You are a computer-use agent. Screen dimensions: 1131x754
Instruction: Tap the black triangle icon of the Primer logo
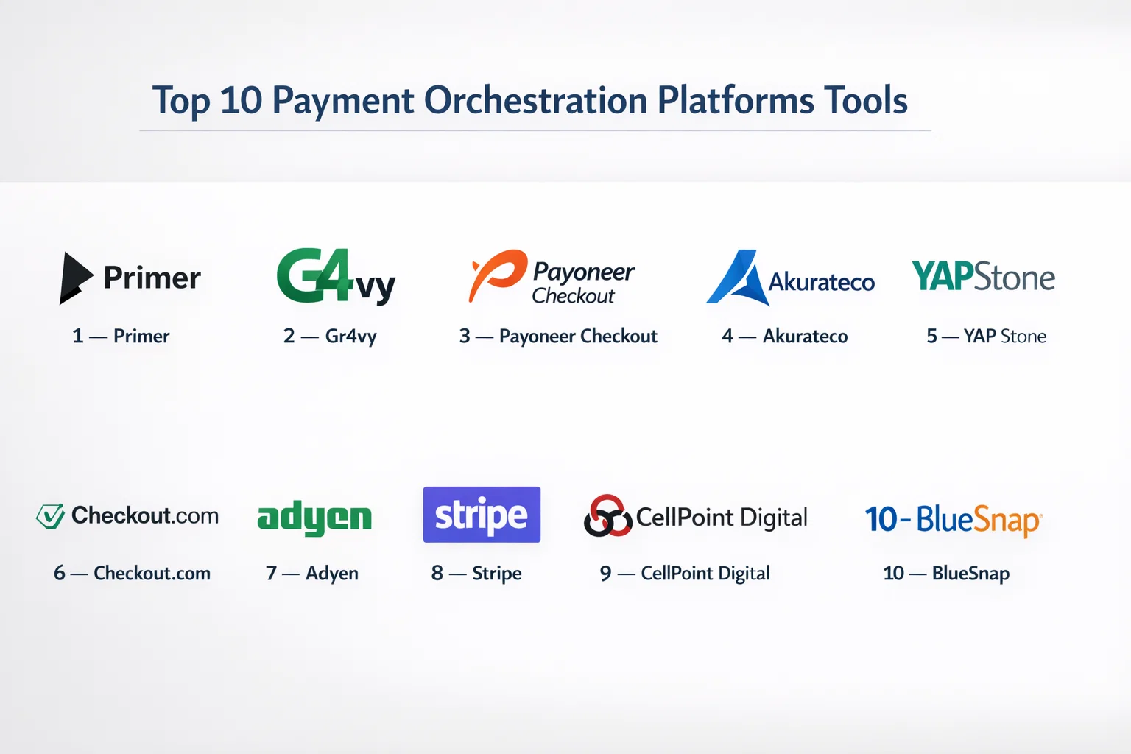coord(74,278)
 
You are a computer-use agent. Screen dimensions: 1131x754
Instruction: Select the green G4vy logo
coord(336,277)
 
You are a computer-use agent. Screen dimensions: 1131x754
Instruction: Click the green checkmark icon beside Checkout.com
coord(51,516)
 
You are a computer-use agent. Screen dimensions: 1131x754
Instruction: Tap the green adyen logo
coord(314,518)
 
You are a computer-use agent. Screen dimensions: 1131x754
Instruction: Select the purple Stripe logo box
coord(482,515)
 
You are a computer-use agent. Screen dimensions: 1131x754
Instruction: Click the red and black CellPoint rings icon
coord(608,515)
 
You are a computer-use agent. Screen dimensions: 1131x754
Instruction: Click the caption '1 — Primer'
coord(121,336)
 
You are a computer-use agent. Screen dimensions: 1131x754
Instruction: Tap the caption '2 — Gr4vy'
coord(330,337)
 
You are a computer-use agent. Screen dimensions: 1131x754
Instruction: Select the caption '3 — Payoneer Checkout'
coord(558,336)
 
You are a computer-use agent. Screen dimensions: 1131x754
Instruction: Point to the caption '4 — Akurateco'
coord(785,336)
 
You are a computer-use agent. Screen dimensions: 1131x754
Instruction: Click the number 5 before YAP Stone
coord(931,336)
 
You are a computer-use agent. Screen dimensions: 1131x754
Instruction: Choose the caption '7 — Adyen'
coord(312,574)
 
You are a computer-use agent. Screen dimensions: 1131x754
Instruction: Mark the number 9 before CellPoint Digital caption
coord(605,573)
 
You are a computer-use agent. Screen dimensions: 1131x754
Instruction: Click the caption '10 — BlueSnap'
coord(946,574)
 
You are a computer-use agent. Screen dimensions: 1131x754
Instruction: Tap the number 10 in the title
coord(242,100)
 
